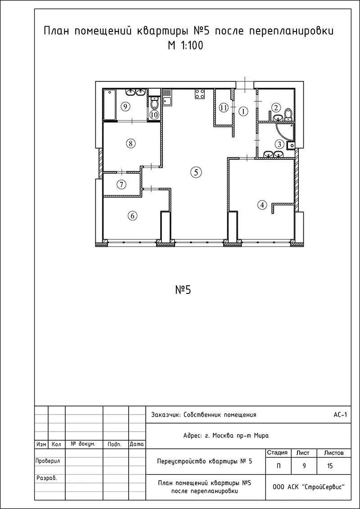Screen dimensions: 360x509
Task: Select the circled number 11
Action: tap(223, 108)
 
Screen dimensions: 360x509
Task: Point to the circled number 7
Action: tap(121, 185)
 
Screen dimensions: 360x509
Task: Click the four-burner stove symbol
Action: tap(200, 94)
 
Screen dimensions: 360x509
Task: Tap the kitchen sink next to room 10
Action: tap(167, 98)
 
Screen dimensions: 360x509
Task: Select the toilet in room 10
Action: tap(154, 103)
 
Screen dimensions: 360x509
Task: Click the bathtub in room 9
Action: tap(109, 105)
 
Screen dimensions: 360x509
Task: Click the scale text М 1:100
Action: tap(185, 46)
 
